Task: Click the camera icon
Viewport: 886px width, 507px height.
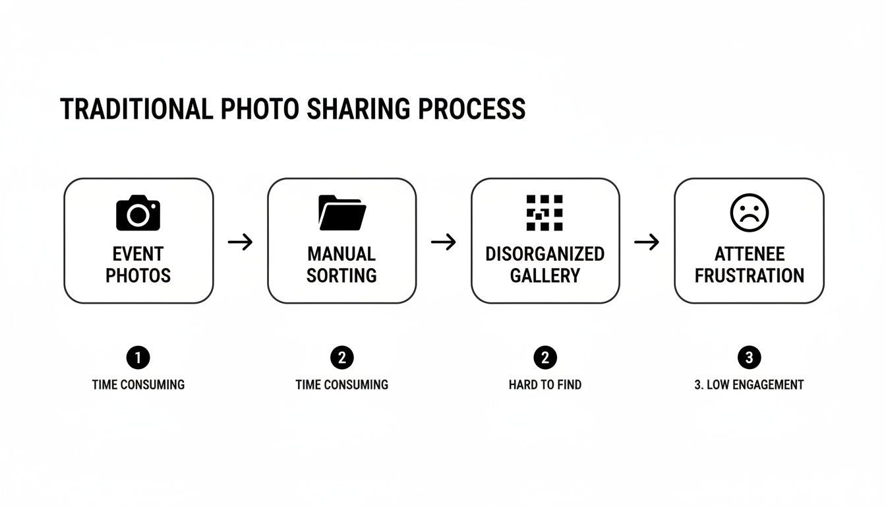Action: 138,213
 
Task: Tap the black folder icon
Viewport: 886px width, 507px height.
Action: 342,213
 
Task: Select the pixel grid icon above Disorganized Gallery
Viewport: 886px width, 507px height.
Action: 545,213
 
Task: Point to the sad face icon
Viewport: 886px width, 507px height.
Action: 750,213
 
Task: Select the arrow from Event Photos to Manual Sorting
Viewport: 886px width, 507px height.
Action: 241,242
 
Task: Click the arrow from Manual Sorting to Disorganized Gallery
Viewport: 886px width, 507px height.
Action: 444,242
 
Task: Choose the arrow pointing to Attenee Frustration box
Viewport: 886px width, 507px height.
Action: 647,242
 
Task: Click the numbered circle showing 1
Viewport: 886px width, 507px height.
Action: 138,358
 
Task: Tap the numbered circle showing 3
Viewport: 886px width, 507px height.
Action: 749,358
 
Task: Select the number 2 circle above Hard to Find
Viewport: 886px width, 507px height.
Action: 545,358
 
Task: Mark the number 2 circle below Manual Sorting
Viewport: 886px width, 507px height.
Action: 341,358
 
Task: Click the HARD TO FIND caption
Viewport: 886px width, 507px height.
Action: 545,384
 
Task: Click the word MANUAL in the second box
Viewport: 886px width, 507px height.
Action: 341,254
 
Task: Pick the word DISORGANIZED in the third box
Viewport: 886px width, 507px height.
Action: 545,254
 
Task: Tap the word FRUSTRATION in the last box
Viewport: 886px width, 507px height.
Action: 750,275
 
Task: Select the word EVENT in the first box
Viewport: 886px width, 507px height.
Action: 138,254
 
